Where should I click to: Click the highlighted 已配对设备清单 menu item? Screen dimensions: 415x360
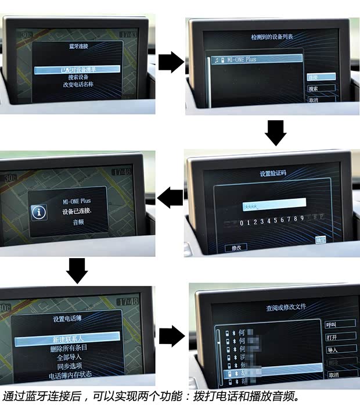click(77, 70)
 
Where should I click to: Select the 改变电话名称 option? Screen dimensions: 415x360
click(77, 84)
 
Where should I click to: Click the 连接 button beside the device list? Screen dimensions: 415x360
click(321, 77)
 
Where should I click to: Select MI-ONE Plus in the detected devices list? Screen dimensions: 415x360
click(255, 59)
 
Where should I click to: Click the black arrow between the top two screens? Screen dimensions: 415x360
click(170, 61)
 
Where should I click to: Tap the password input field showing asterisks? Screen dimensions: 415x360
click(273, 203)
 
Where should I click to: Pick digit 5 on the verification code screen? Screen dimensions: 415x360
click(275, 220)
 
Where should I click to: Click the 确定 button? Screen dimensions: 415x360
click(321, 239)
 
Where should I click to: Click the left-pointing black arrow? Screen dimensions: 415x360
click(170, 198)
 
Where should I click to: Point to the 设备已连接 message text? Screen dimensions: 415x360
click(77, 212)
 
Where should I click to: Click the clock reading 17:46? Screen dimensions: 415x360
click(122, 172)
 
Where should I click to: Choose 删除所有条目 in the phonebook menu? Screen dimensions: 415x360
click(68, 348)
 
